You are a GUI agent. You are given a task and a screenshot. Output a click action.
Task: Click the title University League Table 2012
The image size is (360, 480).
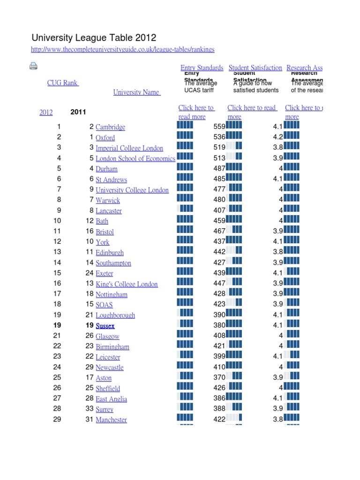[x=94, y=38]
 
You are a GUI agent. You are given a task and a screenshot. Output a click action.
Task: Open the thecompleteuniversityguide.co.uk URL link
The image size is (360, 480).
[x=123, y=50]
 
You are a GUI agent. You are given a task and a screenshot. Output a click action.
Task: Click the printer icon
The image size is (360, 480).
[x=33, y=66]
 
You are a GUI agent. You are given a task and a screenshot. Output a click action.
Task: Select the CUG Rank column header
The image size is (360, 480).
[x=63, y=83]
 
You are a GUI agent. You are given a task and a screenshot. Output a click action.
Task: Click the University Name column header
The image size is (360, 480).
[x=136, y=92]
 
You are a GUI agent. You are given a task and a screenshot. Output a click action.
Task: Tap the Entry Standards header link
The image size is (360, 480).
[x=202, y=68]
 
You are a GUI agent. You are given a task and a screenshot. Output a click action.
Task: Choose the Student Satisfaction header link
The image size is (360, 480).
[x=255, y=68]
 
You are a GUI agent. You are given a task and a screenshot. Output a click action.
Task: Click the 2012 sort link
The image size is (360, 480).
[x=46, y=112]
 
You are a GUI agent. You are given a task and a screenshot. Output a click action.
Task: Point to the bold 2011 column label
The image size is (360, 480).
[x=78, y=112]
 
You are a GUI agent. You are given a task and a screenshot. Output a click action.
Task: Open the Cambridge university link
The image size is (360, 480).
[x=110, y=127]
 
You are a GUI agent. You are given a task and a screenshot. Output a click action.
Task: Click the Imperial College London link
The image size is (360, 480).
[x=129, y=148]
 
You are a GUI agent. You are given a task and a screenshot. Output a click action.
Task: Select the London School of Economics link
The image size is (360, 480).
[x=135, y=158]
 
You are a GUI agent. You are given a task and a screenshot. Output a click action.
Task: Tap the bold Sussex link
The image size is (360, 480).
[x=105, y=326]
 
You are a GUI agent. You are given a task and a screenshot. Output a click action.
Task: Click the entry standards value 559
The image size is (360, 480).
[x=219, y=127]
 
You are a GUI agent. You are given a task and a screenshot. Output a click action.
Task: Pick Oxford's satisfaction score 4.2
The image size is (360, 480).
[x=278, y=137]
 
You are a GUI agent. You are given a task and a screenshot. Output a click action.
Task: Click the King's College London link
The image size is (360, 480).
[x=127, y=284]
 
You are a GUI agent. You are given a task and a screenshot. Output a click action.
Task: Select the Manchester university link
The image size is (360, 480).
[x=111, y=420]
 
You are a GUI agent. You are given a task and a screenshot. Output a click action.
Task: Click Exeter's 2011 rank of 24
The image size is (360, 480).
[x=90, y=273]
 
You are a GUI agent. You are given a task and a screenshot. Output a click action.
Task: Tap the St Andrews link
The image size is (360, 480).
[x=111, y=180]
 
